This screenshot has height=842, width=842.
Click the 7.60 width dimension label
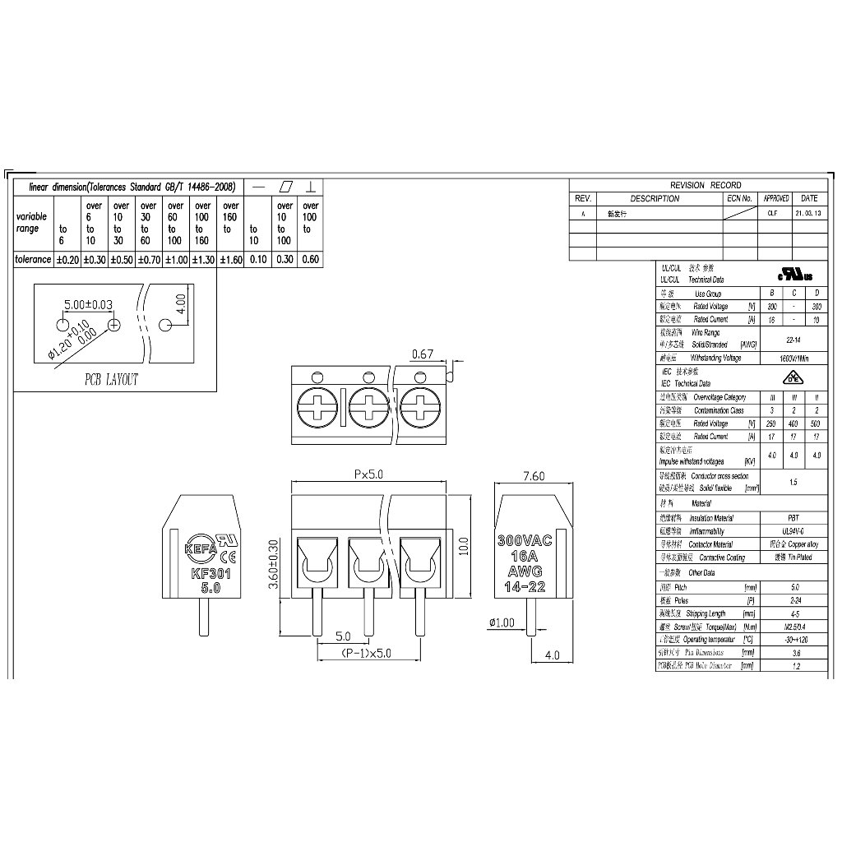tap(533, 476)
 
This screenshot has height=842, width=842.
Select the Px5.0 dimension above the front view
tap(369, 474)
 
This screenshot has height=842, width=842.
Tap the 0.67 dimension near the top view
tap(422, 354)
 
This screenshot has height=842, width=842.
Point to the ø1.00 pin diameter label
tap(501, 622)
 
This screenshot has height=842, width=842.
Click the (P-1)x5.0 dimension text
tap(367, 654)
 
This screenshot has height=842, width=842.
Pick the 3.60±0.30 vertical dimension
tap(275, 567)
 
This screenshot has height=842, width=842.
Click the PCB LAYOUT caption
tap(113, 380)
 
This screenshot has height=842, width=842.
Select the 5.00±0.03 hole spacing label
tap(89, 304)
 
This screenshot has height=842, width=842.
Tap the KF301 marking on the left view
tap(210, 575)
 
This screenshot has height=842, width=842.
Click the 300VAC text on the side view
tap(525, 542)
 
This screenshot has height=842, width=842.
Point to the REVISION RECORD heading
tap(706, 185)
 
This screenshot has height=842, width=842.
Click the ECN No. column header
tap(740, 198)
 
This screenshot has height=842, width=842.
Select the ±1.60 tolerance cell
tap(231, 259)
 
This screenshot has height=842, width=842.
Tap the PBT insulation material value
tap(793, 518)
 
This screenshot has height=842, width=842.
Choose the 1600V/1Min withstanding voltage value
tap(792, 359)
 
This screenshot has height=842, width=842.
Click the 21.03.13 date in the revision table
tap(808, 212)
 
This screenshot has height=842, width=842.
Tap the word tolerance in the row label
tap(34, 259)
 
